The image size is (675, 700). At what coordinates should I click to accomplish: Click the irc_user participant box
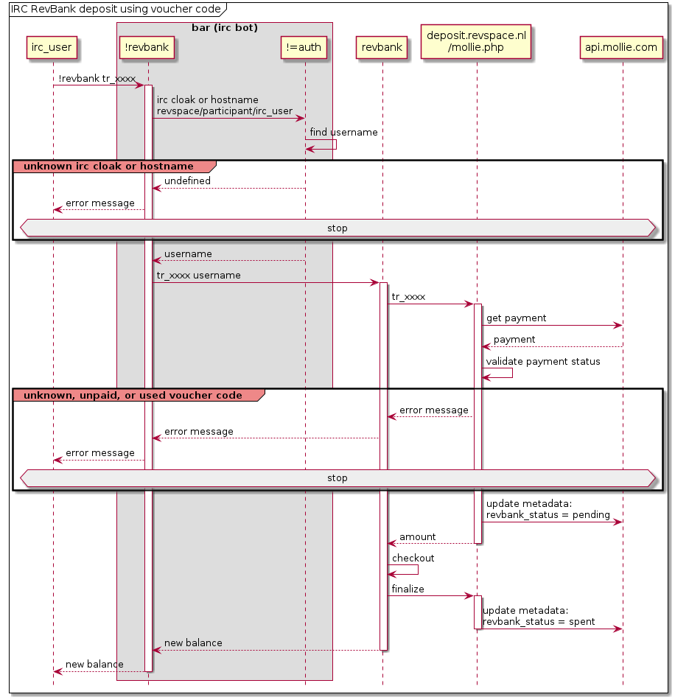(x=52, y=48)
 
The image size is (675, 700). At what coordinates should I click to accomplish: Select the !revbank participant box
(x=148, y=48)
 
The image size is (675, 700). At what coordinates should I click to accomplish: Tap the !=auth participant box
(x=305, y=48)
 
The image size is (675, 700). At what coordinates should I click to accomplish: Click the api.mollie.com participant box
(x=622, y=48)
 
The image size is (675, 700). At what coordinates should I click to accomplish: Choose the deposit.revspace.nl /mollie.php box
(x=476, y=41)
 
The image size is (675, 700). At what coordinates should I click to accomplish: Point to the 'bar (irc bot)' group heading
(x=225, y=28)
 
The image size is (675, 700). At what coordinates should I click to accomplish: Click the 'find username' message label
(x=343, y=133)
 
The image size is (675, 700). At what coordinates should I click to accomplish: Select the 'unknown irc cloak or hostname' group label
(x=108, y=167)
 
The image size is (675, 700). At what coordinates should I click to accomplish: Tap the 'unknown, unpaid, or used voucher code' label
(x=133, y=396)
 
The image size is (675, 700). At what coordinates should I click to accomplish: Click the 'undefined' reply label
(x=187, y=181)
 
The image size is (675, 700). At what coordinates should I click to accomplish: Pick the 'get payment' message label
(x=516, y=318)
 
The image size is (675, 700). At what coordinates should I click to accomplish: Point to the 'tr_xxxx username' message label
(x=198, y=276)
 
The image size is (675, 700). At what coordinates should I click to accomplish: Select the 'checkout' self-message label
(x=413, y=559)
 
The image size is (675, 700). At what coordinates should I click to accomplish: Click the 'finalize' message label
(x=408, y=589)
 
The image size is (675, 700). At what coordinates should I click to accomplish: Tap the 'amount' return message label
(x=417, y=537)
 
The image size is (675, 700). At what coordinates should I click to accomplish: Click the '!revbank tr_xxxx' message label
(x=97, y=78)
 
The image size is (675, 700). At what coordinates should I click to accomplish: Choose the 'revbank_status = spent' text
(x=539, y=622)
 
